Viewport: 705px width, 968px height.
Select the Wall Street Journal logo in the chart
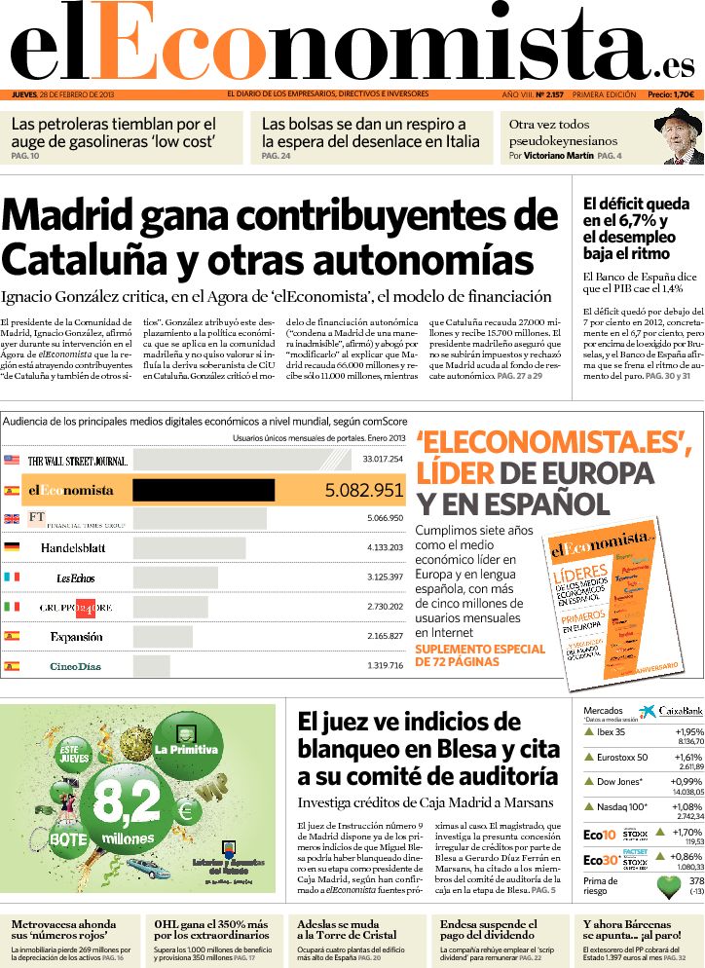pyautogui.click(x=78, y=460)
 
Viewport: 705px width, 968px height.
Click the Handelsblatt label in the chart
pyautogui.click(x=73, y=548)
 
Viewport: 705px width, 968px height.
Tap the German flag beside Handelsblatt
pyautogui.click(x=12, y=548)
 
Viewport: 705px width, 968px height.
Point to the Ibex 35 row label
pyautogui.click(x=611, y=732)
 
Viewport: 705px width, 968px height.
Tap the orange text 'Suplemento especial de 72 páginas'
pyautogui.click(x=479, y=654)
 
